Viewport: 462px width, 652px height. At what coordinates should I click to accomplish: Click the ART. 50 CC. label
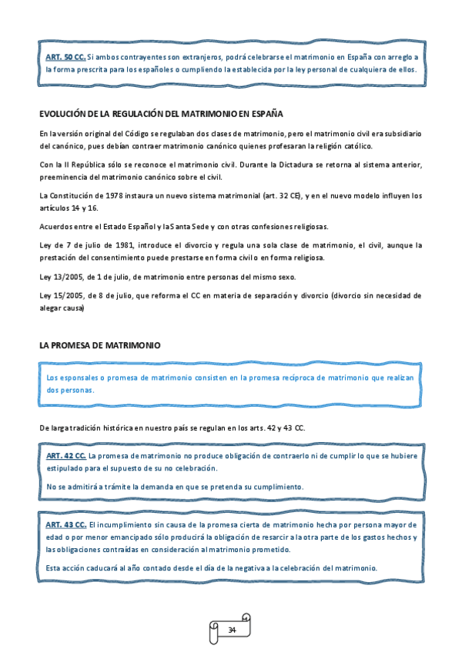65,57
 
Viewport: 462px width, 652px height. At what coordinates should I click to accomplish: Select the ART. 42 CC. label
65,455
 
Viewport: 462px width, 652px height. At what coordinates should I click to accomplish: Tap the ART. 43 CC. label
65,524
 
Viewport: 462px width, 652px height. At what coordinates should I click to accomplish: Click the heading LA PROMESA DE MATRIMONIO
99,346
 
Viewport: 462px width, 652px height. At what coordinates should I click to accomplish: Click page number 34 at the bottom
231,630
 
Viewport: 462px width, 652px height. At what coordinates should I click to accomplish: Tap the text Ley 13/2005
59,277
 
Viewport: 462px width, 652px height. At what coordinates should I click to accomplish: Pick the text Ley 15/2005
59,295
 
